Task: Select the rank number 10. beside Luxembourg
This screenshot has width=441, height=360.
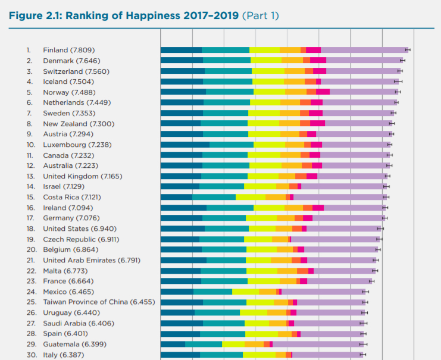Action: pos(30,145)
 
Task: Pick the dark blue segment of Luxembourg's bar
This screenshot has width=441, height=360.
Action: pos(184,145)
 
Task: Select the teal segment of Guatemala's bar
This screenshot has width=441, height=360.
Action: pos(203,344)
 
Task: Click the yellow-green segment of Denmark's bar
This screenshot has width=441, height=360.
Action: pos(266,60)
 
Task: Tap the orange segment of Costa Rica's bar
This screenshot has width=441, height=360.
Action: pos(275,197)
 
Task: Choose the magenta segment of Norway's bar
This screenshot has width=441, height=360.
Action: pos(323,92)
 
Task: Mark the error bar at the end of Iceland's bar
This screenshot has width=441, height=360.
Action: pos(398,82)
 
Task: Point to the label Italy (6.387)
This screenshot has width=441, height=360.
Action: pos(63,355)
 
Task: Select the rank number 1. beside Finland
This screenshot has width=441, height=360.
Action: pos(29,50)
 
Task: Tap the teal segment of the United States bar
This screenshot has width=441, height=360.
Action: pos(226,228)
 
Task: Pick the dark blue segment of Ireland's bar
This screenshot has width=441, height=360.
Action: pos(183,208)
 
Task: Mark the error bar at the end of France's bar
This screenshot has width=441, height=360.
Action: pos(371,281)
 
